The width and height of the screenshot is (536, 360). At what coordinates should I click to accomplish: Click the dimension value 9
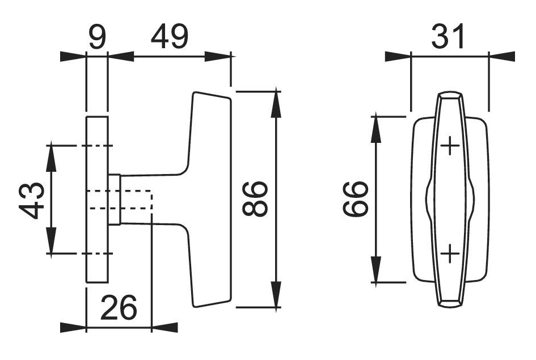point(96,38)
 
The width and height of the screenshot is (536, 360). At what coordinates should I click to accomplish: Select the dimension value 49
point(169,38)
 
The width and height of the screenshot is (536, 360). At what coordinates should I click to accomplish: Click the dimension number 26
point(119,308)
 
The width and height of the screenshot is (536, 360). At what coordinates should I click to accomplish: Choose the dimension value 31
point(448,38)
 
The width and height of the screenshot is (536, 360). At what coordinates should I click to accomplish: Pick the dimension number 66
point(356,199)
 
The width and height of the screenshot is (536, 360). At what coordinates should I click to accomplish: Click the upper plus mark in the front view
point(450,147)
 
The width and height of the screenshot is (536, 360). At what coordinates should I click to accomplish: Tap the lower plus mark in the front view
point(450,254)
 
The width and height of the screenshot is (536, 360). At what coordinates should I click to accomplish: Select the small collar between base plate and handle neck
point(114,200)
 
